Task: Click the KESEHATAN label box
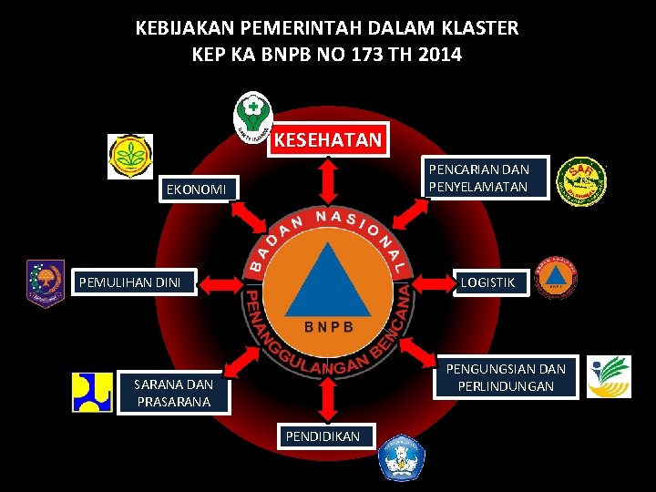[x=328, y=140]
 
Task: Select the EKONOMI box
[x=195, y=190]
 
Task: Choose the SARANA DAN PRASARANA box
[x=172, y=393]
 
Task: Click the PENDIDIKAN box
[x=323, y=437]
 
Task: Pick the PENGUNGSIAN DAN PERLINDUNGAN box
[x=505, y=377]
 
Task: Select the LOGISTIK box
[x=487, y=282]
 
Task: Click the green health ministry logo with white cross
[x=252, y=116]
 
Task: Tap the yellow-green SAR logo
[x=583, y=182]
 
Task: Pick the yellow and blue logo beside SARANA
[x=92, y=393]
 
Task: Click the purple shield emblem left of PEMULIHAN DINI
[x=45, y=282]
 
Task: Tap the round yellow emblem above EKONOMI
[x=130, y=156]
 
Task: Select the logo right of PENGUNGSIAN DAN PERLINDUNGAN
[x=609, y=377]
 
